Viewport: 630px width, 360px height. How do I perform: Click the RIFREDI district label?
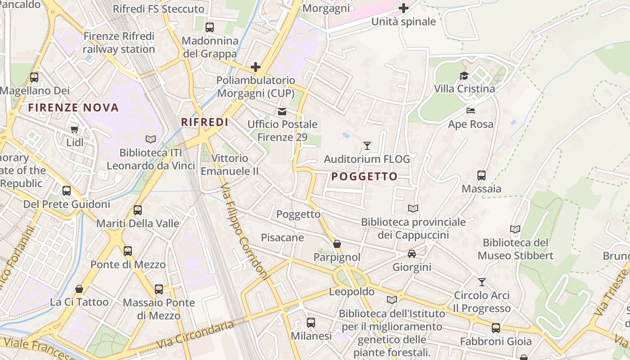pos(204,122)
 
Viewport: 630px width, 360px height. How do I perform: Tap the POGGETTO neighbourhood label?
pos(364,176)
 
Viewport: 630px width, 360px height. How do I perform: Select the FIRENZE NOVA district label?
pos(73,108)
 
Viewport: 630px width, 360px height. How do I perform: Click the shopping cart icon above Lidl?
pos(75,130)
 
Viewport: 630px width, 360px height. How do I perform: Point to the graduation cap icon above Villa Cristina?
pos(464,76)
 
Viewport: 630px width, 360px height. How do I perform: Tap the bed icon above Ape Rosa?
pos(471,111)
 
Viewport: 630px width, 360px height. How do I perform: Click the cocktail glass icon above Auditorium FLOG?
pos(367,145)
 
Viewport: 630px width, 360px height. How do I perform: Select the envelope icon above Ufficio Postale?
pos(282,111)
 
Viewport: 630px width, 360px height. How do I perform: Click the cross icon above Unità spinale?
pos(404,8)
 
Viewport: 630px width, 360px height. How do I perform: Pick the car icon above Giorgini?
pos(412,254)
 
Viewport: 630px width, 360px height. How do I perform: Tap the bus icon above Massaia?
pos(481,175)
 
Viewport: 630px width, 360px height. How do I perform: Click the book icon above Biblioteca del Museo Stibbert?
pos(515,229)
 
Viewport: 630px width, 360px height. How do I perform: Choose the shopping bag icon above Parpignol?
pos(337,244)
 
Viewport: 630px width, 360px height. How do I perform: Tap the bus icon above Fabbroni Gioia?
pos(496,328)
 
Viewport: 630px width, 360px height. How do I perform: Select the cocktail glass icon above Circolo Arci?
pos(482,282)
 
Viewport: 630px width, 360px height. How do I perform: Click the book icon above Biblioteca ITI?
pos(151,139)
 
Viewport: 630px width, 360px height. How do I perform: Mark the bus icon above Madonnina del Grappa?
pos(210,27)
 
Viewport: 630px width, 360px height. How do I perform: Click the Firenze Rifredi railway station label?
pos(119,43)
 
